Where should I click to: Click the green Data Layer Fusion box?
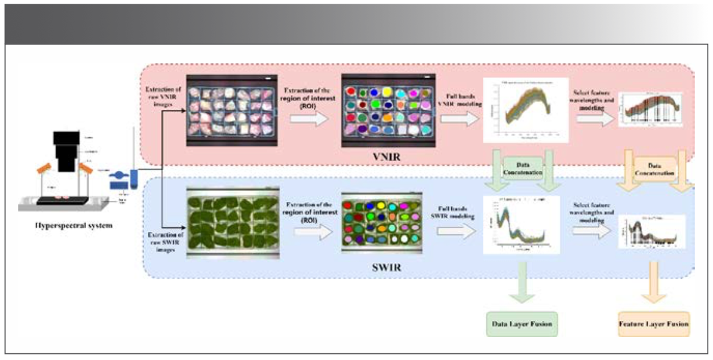pyautogui.click(x=523, y=323)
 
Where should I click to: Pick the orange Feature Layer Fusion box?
pyautogui.click(x=654, y=323)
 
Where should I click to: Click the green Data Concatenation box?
pyautogui.click(x=523, y=168)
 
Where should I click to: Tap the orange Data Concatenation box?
pyautogui.click(x=654, y=168)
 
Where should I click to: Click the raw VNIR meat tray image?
pyautogui.click(x=230, y=112)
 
